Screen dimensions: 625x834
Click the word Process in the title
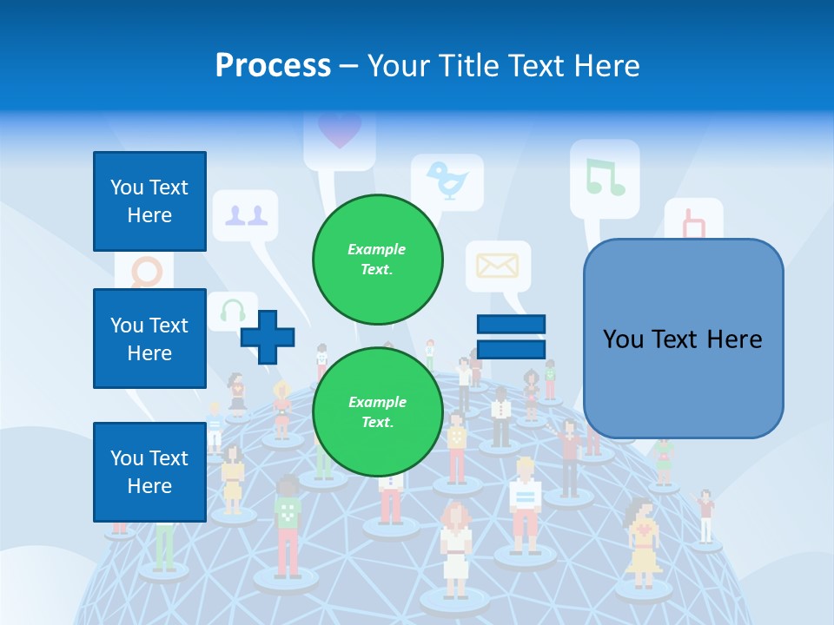pyautogui.click(x=273, y=66)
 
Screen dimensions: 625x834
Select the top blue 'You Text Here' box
pyautogui.click(x=149, y=201)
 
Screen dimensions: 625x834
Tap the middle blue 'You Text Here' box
pyautogui.click(x=149, y=339)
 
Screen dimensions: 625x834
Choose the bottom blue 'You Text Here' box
pyautogui.click(x=149, y=472)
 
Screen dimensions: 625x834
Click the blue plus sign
pyautogui.click(x=268, y=338)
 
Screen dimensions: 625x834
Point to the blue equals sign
pyautogui.click(x=511, y=337)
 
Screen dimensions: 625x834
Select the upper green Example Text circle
pyautogui.click(x=377, y=259)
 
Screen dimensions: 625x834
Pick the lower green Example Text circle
pyautogui.click(x=377, y=411)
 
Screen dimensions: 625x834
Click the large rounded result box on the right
pyautogui.click(x=683, y=339)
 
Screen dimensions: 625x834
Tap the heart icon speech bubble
pyautogui.click(x=339, y=131)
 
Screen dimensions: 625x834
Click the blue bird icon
pyautogui.click(x=447, y=181)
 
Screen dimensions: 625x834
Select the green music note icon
pyautogui.click(x=605, y=176)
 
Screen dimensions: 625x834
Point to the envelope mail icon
pyautogui.click(x=498, y=266)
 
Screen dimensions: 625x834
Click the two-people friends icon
pyautogui.click(x=245, y=215)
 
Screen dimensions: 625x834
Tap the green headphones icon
pyautogui.click(x=232, y=310)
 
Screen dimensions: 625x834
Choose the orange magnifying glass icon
pyautogui.click(x=147, y=273)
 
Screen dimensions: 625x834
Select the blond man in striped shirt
pyautogui.click(x=525, y=503)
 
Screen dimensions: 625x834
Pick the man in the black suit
pyautogui.click(x=500, y=418)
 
